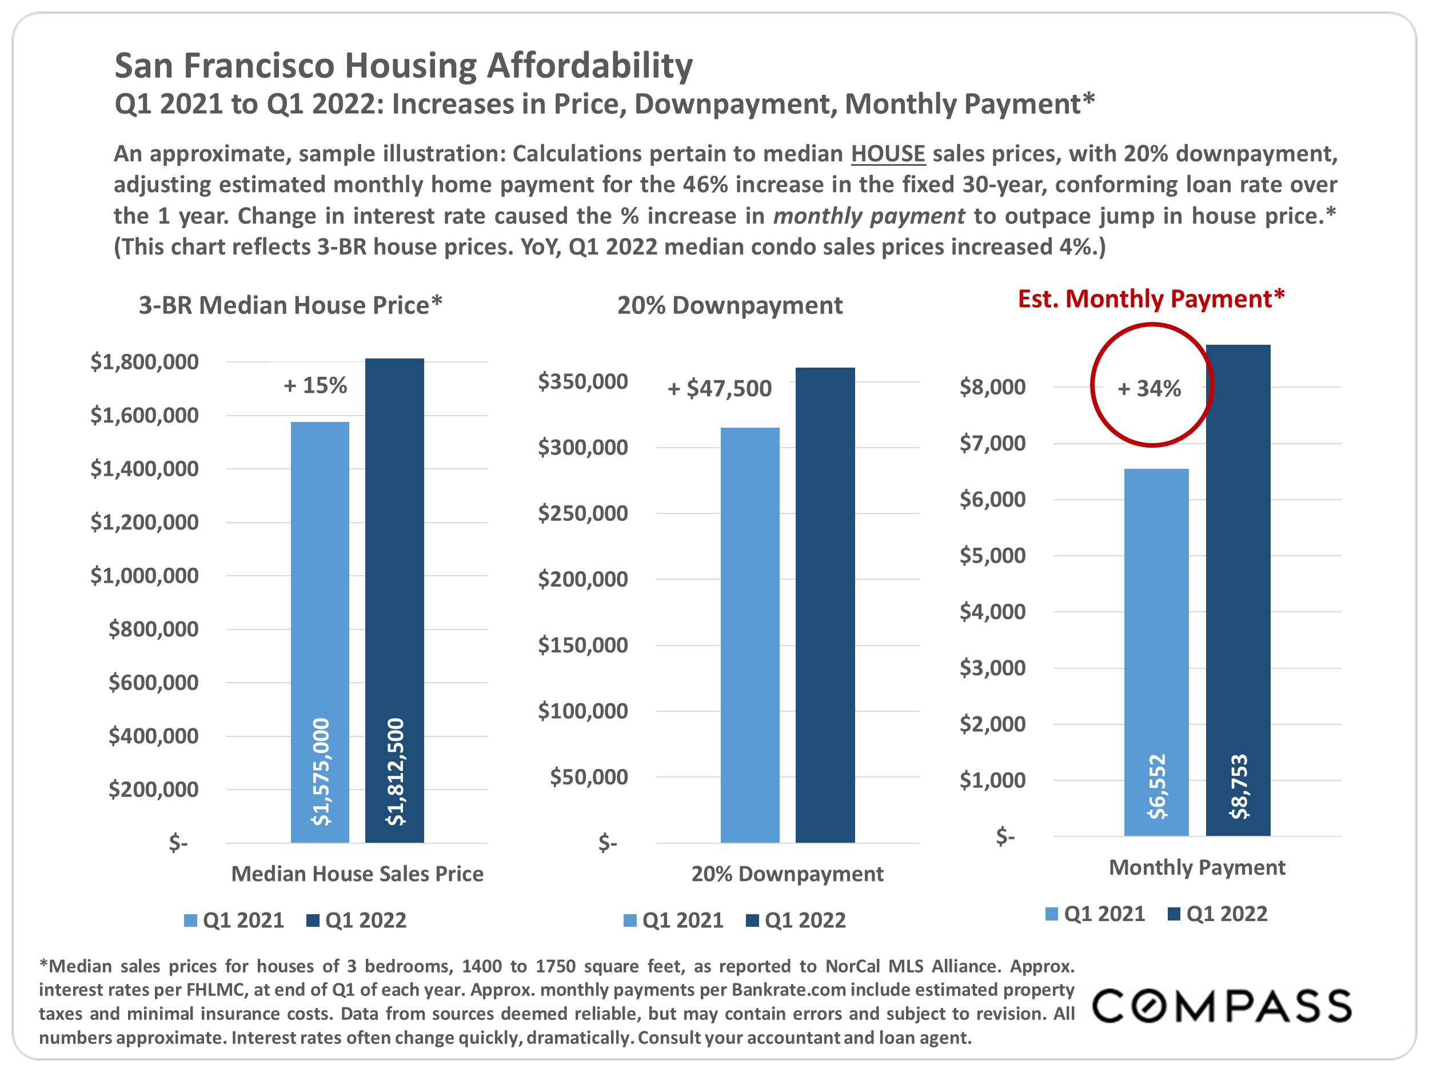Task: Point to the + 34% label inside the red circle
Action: point(1149,388)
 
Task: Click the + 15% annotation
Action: point(316,385)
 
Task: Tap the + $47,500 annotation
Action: point(720,388)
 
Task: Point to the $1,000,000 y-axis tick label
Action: point(144,575)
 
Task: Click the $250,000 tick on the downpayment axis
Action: point(582,513)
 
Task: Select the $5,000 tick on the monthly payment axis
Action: point(992,555)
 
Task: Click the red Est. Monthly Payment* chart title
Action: point(1151,298)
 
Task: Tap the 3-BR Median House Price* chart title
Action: point(290,305)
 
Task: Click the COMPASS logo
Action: point(1222,1006)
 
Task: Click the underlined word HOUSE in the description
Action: point(888,154)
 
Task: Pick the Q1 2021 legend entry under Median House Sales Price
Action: point(234,920)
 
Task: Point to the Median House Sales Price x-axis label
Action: point(357,874)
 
